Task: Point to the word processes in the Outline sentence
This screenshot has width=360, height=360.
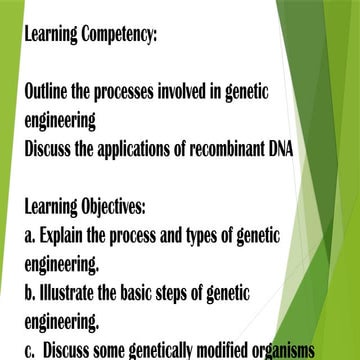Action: click(134, 91)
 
